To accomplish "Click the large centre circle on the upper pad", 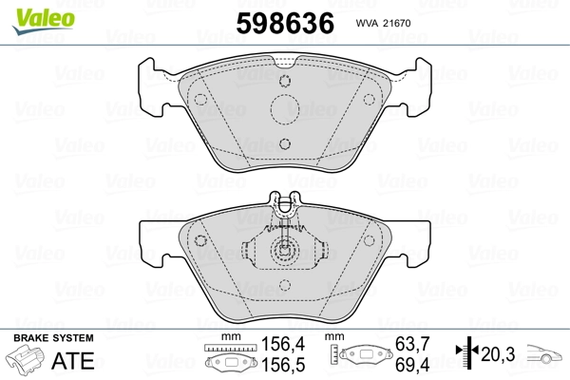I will pyautogui.click(x=285, y=109).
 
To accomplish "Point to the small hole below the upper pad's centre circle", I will pyautogui.click(x=285, y=143).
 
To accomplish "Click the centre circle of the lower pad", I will pyautogui.click(x=285, y=253).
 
